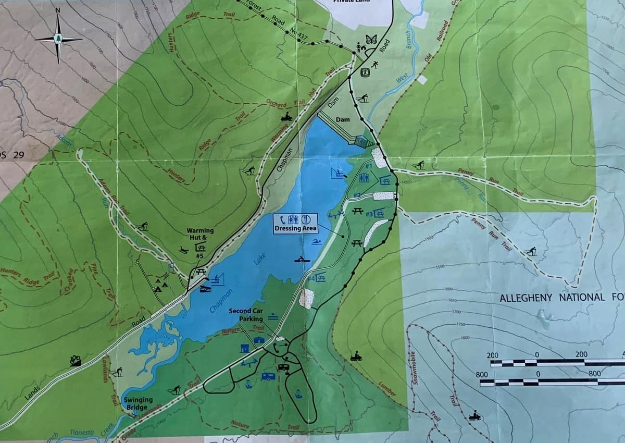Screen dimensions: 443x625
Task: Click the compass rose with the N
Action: point(58,38)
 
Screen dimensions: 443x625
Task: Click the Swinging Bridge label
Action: point(138,403)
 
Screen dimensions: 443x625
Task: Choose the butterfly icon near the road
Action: point(371,39)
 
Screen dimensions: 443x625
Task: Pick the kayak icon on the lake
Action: point(300,259)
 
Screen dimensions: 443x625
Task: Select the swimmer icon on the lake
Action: point(316,242)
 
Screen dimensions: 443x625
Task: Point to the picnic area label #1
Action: point(368,166)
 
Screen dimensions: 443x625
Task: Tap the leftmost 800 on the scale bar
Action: point(482,374)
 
